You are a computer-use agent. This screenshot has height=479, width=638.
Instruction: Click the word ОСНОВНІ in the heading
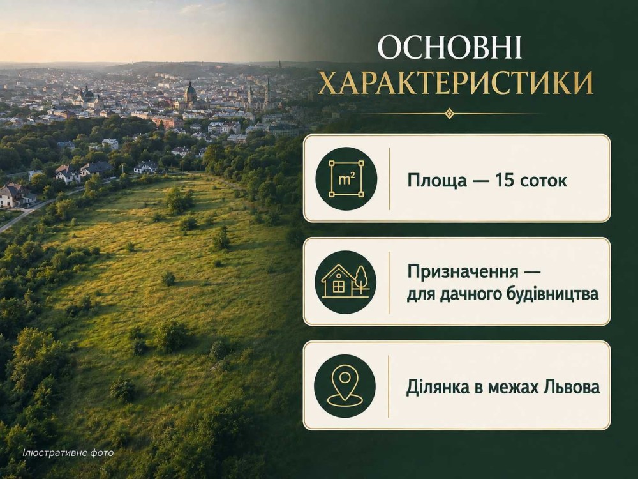450,48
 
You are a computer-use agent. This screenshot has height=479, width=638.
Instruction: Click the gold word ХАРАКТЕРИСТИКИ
456,82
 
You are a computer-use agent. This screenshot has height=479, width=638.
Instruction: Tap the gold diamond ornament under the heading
449,113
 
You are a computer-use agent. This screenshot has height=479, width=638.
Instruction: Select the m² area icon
346,179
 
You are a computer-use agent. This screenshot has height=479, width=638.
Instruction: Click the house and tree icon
346,282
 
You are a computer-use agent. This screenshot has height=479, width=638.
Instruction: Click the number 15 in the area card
505,180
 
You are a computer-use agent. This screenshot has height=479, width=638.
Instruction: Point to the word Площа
437,181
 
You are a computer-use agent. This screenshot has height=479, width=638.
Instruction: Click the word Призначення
463,271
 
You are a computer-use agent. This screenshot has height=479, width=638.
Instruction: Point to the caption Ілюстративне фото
68,453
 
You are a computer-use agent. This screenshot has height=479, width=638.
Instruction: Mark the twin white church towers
258,95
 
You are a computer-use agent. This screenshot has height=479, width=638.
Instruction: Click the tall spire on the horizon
280,65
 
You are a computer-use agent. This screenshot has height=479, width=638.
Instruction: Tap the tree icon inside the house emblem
361,280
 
